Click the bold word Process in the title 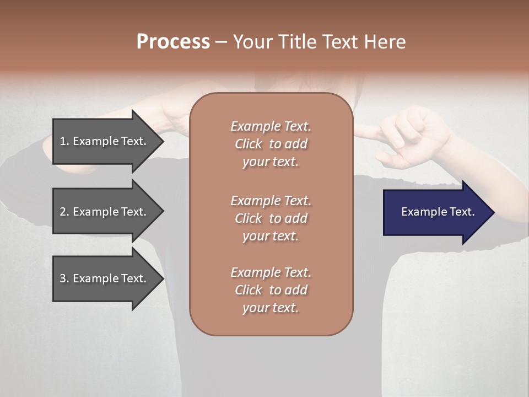click(x=173, y=42)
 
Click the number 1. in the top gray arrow click(x=64, y=141)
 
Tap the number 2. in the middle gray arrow click(x=64, y=212)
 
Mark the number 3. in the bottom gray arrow click(x=64, y=278)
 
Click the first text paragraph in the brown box click(x=271, y=144)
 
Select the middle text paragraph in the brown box click(x=271, y=218)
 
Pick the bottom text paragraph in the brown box click(x=271, y=289)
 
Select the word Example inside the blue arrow click(x=421, y=212)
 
